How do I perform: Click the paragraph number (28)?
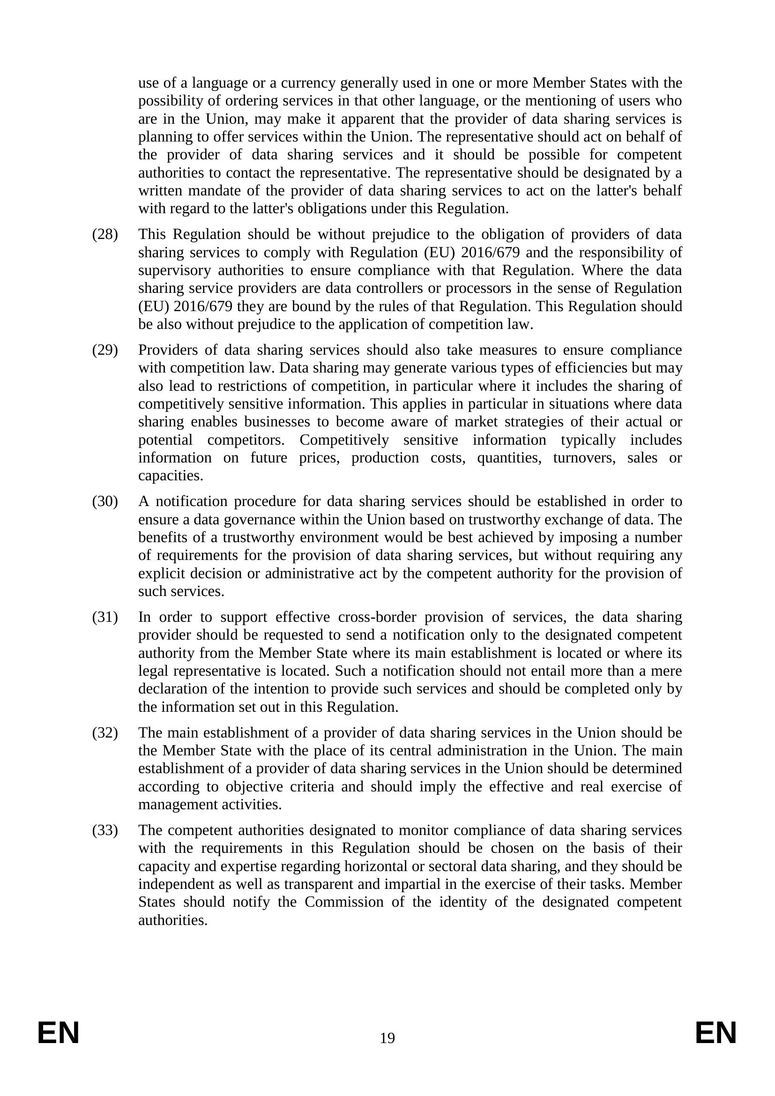104,234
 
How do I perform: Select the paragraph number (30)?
104,501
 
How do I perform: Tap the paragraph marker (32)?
104,732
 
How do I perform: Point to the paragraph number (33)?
104,830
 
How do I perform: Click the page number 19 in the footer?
387,1038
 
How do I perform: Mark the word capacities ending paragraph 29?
171,476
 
